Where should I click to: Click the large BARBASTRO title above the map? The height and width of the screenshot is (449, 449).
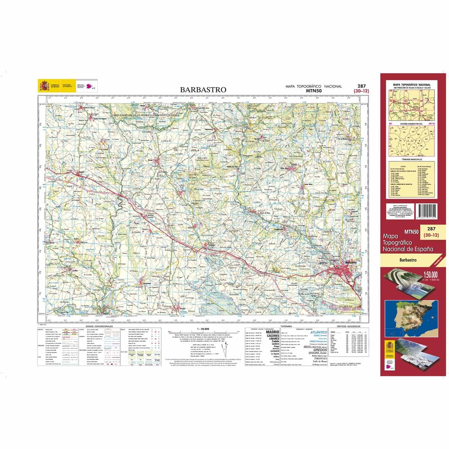[x=203, y=90]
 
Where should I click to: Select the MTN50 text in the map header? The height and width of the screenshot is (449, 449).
[x=314, y=90]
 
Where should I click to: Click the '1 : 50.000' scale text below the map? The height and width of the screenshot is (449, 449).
[x=202, y=329]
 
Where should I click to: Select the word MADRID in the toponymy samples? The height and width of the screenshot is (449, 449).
[x=272, y=332]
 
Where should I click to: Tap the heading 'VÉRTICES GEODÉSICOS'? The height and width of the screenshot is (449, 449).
[x=348, y=327]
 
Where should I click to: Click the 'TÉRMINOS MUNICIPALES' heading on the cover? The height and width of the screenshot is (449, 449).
[x=410, y=159]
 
